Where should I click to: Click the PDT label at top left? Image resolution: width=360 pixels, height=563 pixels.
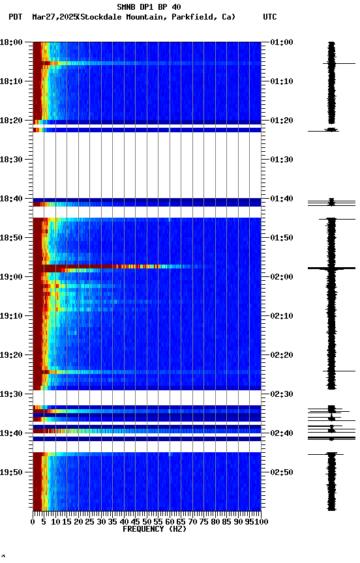coord(16,17)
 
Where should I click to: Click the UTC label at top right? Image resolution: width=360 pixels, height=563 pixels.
coord(269,17)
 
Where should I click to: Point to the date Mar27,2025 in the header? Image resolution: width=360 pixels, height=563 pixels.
coord(53,17)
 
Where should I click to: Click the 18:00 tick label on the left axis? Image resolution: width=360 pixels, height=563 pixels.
coord(12,42)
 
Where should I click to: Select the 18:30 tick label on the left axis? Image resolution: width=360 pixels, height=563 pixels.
coord(12,160)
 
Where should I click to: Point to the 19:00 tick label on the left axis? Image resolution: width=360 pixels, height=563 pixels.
coord(12,277)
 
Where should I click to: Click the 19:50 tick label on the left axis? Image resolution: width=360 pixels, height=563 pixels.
coord(12,472)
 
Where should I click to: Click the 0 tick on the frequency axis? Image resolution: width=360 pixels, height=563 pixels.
coord(33,522)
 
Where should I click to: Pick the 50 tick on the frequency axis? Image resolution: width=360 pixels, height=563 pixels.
coord(147,522)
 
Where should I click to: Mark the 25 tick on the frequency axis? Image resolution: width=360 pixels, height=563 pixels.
coord(90,522)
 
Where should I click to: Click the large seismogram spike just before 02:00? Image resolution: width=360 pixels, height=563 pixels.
coord(332,268)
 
